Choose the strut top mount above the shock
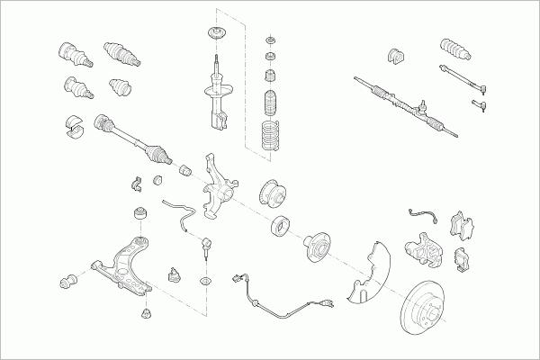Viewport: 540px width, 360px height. [216, 37]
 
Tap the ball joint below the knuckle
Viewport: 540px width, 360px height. [206, 246]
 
